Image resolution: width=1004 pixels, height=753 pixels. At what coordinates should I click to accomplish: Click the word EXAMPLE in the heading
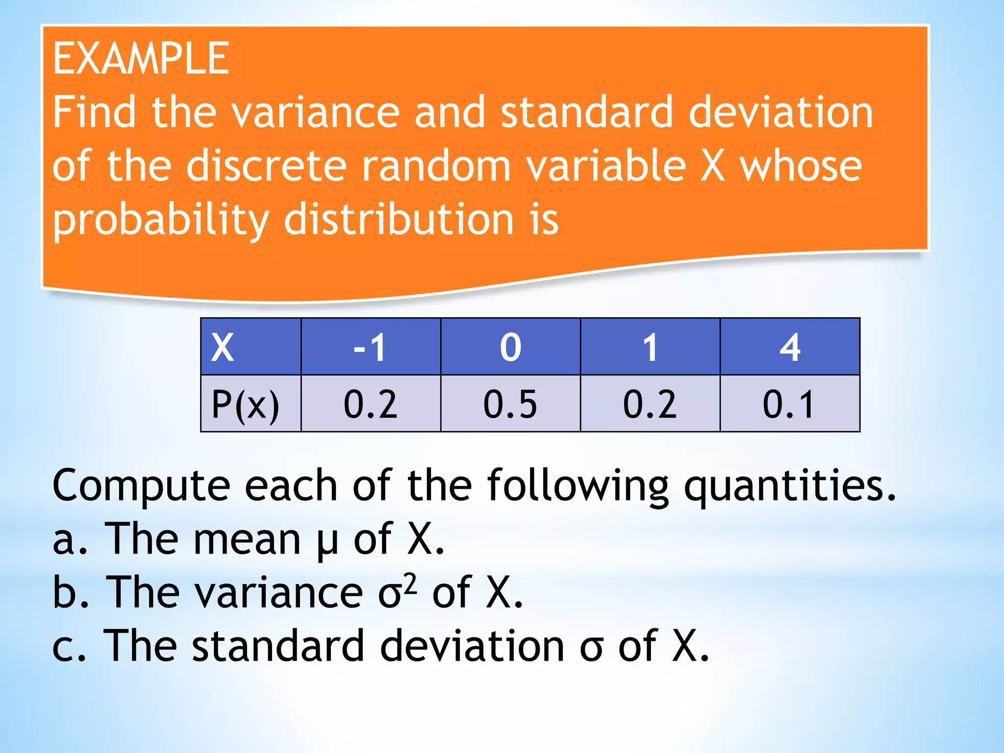[141, 59]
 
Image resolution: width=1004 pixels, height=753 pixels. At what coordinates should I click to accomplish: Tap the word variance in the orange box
[315, 113]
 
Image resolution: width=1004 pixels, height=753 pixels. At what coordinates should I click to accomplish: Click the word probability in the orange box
[161, 220]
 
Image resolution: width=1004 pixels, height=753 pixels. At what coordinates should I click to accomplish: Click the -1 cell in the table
[371, 347]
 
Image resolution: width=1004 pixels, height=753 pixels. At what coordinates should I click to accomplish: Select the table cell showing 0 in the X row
[510, 347]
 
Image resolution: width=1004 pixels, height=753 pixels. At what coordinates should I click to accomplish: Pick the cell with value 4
[790, 347]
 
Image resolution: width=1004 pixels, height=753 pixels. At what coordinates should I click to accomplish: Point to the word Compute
[141, 486]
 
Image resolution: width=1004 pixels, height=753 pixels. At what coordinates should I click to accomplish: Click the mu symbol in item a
[327, 541]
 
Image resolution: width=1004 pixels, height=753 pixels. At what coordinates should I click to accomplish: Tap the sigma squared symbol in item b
[397, 592]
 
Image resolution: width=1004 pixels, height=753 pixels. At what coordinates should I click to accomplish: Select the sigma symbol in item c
[591, 647]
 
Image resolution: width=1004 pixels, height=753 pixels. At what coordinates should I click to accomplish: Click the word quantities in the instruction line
[789, 486]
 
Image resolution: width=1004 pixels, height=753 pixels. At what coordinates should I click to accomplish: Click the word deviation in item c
[472, 646]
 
